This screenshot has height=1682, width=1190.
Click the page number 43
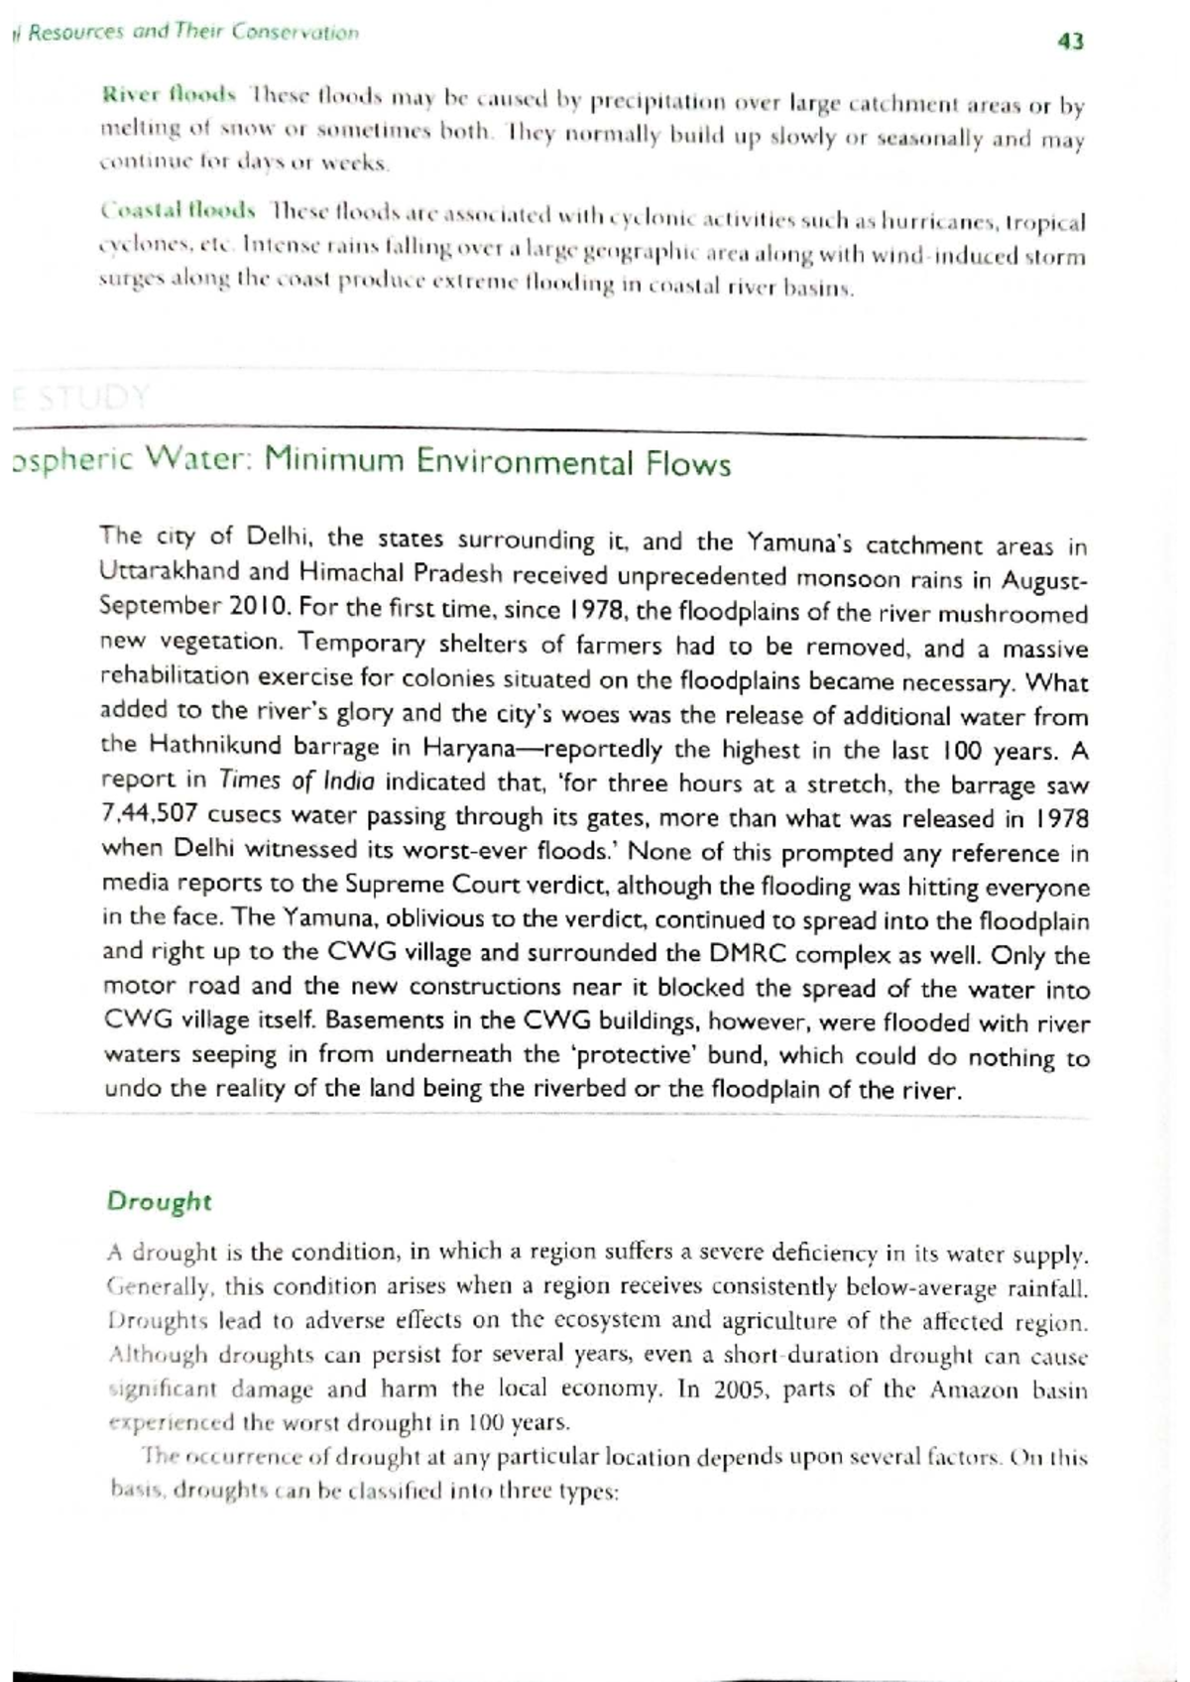click(x=1071, y=42)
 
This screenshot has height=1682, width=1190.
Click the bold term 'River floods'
click(x=169, y=95)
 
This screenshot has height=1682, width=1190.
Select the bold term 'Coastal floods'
click(x=178, y=211)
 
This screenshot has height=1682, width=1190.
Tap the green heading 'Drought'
click(x=159, y=1201)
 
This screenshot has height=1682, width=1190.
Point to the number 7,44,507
click(x=150, y=815)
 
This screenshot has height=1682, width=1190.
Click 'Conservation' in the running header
click(x=295, y=33)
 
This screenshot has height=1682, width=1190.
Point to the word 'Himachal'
click(x=351, y=573)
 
